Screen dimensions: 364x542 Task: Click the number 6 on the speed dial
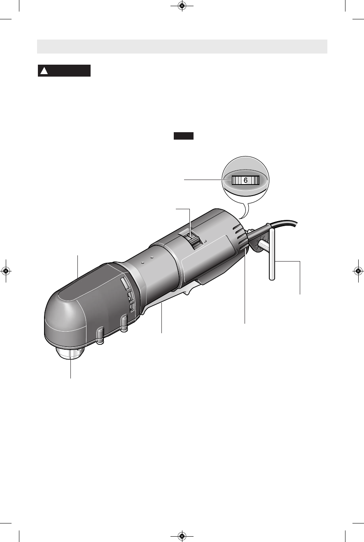tap(245, 180)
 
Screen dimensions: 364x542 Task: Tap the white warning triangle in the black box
tap(44, 71)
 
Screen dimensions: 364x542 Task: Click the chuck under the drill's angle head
tap(70, 353)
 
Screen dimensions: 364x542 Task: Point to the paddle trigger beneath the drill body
tap(169, 298)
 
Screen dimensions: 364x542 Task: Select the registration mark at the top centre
tap(182, 6)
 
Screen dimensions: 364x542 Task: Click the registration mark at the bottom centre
tap(182, 536)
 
